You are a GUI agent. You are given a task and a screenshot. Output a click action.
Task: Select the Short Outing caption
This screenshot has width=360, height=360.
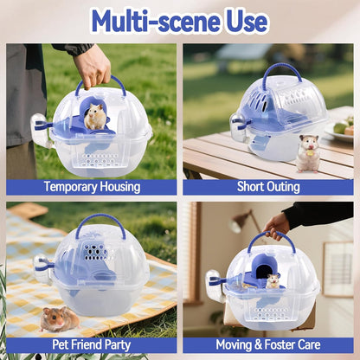267,187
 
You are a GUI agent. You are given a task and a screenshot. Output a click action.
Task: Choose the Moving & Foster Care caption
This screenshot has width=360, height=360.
267,344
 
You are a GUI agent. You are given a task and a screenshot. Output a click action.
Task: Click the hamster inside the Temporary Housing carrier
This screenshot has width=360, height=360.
95,116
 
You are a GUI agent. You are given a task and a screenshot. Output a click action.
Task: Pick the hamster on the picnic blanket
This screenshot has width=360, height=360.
60,318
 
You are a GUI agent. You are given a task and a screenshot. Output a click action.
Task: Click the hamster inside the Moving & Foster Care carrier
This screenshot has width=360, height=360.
273,280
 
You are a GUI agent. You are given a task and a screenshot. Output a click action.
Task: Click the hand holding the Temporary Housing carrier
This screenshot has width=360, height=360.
93,65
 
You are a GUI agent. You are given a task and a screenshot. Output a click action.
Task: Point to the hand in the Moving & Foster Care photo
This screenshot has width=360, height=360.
277,227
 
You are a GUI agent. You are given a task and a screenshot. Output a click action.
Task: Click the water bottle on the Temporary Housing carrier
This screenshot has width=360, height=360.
40,131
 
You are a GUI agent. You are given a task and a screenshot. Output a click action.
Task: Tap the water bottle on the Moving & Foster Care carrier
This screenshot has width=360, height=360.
213,285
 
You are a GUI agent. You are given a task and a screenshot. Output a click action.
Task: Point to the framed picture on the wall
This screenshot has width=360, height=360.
337,268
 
